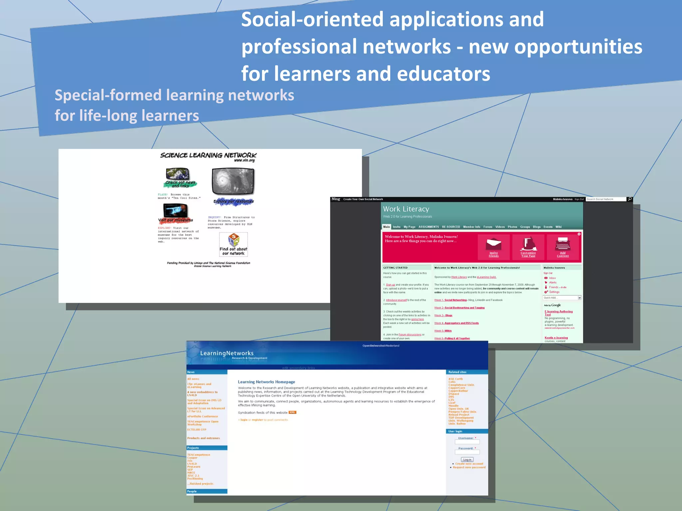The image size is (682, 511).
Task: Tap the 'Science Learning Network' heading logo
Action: (208, 155)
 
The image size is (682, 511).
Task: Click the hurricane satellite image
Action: (233, 181)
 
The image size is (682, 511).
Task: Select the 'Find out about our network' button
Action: (233, 245)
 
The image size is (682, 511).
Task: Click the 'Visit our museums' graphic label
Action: (175, 220)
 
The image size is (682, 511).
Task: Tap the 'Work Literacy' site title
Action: (406, 209)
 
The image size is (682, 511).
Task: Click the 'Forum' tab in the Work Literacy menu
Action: (488, 227)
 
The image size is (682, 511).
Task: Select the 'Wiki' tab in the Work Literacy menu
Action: (558, 227)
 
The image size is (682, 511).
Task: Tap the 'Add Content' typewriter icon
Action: (562, 244)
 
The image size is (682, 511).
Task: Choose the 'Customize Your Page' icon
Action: (528, 244)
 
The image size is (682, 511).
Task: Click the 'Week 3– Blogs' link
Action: (443, 315)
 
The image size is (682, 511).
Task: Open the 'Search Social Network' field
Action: (605, 199)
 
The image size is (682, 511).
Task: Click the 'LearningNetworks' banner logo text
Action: (227, 353)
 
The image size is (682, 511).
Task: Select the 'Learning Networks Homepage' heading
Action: (266, 382)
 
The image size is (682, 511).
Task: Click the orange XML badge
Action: (292, 413)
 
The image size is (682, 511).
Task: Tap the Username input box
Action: (467, 442)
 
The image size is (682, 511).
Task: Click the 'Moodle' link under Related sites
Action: (453, 406)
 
